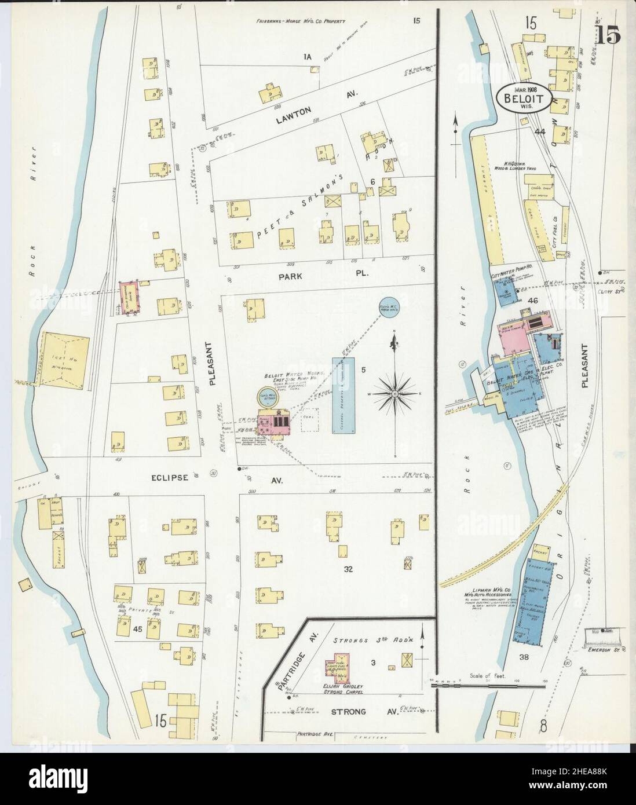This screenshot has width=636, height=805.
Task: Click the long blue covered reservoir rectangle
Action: coord(343,394)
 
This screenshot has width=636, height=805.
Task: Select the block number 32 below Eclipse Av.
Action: coord(348,569)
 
